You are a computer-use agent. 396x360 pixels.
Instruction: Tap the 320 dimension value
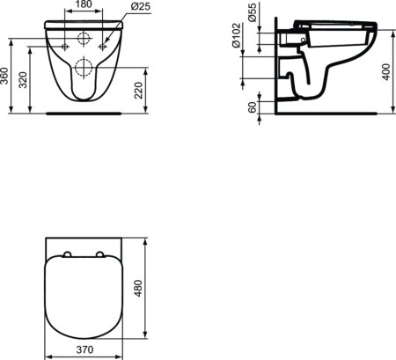22,81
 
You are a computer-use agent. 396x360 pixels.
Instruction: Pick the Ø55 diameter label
253,14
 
